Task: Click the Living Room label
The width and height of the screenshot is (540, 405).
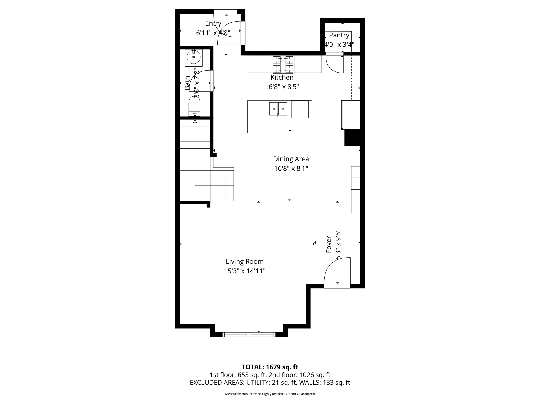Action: (244, 262)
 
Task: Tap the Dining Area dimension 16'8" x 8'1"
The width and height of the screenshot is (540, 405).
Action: (291, 168)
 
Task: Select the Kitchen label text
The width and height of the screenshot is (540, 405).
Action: (282, 78)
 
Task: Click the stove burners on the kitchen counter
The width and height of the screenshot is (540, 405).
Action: (283, 64)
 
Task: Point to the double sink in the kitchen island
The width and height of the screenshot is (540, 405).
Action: (278, 109)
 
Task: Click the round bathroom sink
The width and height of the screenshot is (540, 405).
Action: (194, 57)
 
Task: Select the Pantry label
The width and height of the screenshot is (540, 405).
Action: (339, 35)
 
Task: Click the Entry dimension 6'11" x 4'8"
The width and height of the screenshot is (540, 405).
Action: (213, 33)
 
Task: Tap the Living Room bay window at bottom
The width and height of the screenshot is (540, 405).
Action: (249, 335)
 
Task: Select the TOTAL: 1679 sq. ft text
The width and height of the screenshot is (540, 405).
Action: (270, 367)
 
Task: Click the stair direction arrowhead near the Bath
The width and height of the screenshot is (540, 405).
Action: (195, 121)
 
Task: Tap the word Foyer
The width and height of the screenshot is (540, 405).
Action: (329, 244)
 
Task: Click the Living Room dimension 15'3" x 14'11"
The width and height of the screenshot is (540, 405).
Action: (244, 271)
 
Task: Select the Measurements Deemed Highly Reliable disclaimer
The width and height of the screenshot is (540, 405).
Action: (270, 394)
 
